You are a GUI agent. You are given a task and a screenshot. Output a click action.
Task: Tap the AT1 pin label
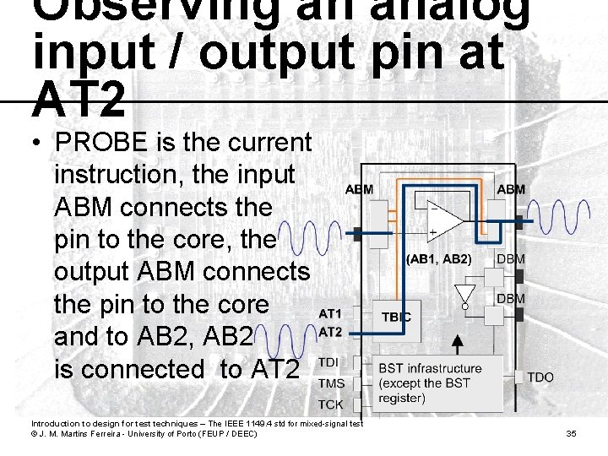click(329, 313)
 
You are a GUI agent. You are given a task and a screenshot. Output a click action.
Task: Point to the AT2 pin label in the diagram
click(329, 332)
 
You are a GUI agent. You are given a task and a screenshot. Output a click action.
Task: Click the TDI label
click(330, 362)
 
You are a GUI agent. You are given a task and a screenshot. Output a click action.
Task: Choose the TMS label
click(331, 383)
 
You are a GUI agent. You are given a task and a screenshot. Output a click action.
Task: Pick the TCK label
click(330, 404)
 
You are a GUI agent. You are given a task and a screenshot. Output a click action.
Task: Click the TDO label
click(541, 377)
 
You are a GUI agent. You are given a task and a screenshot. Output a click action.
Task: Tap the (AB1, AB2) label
click(438, 258)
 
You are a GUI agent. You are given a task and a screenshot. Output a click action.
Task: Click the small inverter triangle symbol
click(463, 295)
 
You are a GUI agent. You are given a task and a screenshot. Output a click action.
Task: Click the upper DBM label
click(510, 258)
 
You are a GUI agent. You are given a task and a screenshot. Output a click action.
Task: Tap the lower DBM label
click(510, 298)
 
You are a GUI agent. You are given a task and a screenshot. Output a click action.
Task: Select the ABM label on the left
click(359, 189)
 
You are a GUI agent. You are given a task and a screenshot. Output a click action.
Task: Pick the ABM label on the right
click(510, 189)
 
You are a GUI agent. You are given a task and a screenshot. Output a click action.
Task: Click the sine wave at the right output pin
click(568, 220)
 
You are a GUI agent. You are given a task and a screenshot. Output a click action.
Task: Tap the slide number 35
click(571, 433)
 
